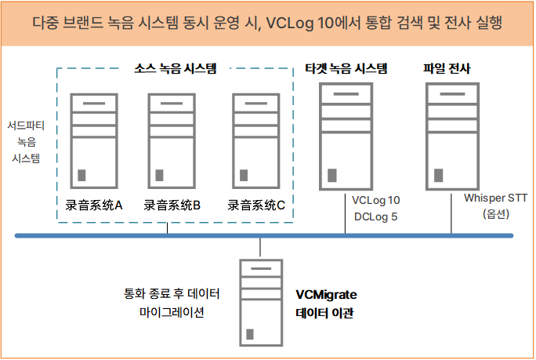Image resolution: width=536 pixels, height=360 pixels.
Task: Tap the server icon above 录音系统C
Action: (x=258, y=140)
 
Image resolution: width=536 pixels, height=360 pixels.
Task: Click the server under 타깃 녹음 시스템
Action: (x=345, y=135)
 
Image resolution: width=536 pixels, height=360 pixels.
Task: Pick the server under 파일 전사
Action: (x=451, y=135)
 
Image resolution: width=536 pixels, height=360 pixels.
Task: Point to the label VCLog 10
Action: (x=376, y=200)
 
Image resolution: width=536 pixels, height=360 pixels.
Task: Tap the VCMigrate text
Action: (x=326, y=296)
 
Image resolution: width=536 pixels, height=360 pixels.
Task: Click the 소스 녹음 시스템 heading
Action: (x=174, y=68)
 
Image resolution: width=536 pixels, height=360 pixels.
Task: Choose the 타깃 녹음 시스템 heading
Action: (x=345, y=68)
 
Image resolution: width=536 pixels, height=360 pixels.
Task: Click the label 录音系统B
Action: (x=172, y=205)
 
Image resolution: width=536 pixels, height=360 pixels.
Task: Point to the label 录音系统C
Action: (x=256, y=205)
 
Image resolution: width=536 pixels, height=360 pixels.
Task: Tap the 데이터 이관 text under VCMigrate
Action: (x=324, y=313)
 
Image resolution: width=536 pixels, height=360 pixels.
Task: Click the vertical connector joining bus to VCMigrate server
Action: (x=260, y=248)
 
